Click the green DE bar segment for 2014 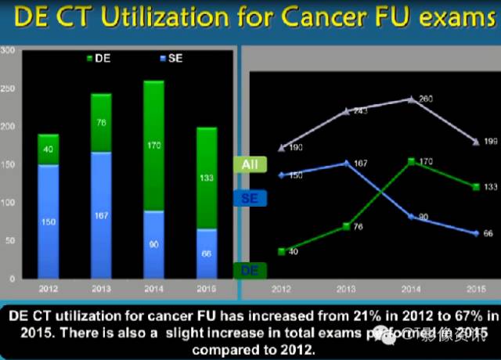(153, 146)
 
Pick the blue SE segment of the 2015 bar (207, 254)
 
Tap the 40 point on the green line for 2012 (281, 250)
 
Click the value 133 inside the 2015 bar (207, 178)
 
